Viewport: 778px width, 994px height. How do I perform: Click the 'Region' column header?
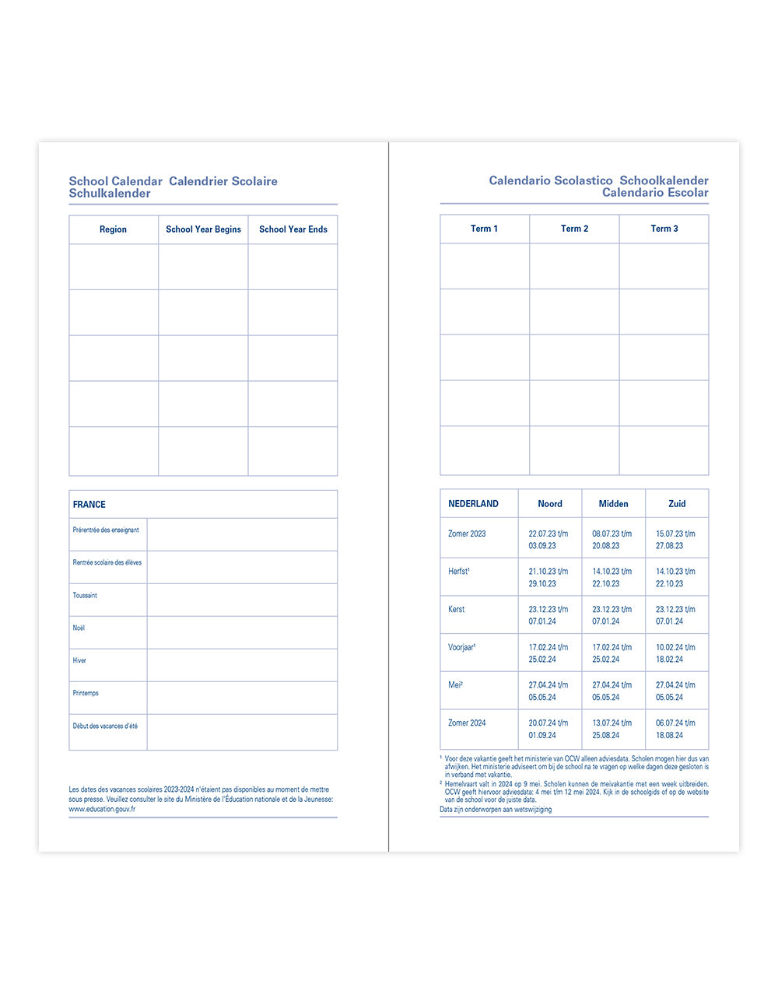(113, 229)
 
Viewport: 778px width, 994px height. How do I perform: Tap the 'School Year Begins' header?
(203, 229)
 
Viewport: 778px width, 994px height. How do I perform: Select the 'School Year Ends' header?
(293, 229)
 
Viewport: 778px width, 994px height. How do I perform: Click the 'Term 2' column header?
(574, 229)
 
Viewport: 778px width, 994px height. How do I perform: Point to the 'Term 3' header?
(664, 229)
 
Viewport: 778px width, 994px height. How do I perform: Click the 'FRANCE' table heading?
(89, 505)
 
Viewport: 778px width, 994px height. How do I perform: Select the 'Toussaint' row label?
(85, 596)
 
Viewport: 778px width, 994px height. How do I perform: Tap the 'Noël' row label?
(79, 628)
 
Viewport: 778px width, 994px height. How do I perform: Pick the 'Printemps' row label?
(86, 694)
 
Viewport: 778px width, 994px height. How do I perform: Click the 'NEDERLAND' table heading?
(473, 504)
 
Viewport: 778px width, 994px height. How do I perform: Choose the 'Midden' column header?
(613, 504)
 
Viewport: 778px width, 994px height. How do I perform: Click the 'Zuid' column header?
(677, 504)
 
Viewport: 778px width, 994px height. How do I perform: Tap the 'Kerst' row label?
(457, 610)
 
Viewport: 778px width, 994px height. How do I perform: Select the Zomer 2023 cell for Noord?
(548, 540)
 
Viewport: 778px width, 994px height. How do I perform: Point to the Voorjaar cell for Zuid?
(675, 653)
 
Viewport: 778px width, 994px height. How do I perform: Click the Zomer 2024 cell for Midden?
(612, 729)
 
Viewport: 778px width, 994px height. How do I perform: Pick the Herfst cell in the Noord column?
(548, 577)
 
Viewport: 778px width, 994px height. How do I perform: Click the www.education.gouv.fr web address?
(102, 809)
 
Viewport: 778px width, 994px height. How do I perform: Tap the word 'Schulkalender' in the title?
(110, 194)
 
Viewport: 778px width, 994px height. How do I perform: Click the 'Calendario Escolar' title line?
(655, 193)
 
